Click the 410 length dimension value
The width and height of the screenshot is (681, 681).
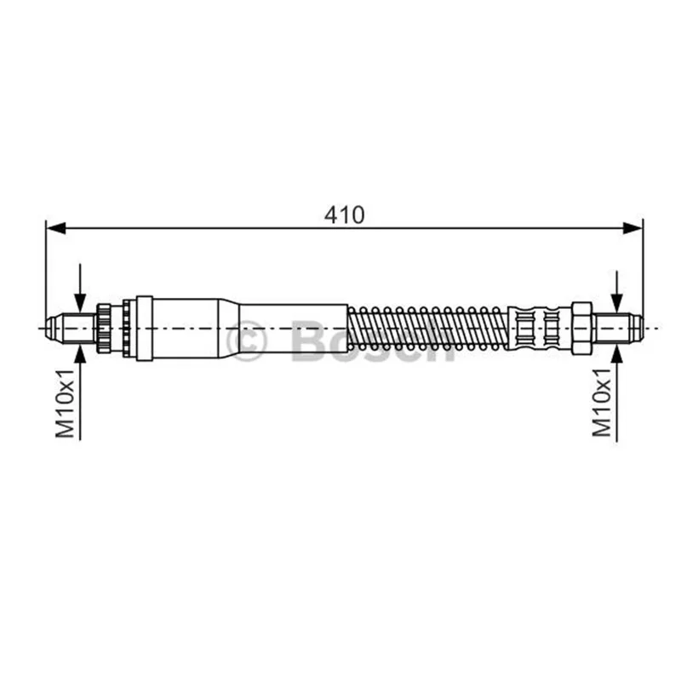click(345, 215)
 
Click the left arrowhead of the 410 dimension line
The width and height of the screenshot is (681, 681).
click(55, 228)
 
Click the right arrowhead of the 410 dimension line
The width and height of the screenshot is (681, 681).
click(632, 228)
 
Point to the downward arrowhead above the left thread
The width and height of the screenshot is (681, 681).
click(80, 302)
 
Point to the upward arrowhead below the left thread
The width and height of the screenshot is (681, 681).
click(80, 354)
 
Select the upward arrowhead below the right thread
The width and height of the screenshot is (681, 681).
click(616, 352)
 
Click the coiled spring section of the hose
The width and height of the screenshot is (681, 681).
click(428, 328)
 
